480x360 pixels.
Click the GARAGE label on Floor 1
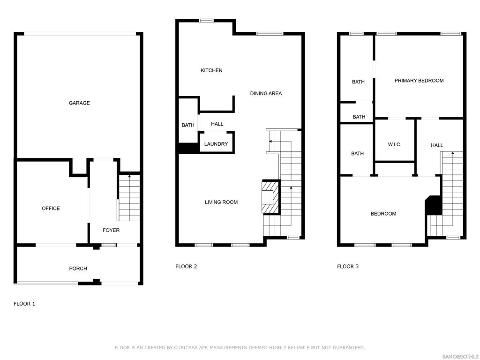click(x=79, y=103)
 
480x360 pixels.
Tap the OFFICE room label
click(x=51, y=209)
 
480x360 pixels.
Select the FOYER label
click(x=111, y=230)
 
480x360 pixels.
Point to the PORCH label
click(x=78, y=269)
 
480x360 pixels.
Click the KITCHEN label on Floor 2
click(x=211, y=70)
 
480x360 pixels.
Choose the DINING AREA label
click(x=266, y=93)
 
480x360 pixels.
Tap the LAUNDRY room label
click(x=216, y=144)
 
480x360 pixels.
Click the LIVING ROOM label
click(x=221, y=202)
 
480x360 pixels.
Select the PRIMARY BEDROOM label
click(x=419, y=81)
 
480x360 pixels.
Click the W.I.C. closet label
click(x=394, y=144)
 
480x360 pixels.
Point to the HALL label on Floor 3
click(x=437, y=145)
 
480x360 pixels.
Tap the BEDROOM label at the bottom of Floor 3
click(x=383, y=214)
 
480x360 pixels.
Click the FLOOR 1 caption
click(x=24, y=304)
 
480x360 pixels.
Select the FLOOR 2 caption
click(x=186, y=267)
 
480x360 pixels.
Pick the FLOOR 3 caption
click(x=348, y=267)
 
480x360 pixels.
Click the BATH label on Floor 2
click(x=188, y=125)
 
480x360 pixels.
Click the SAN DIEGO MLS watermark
click(x=460, y=356)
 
